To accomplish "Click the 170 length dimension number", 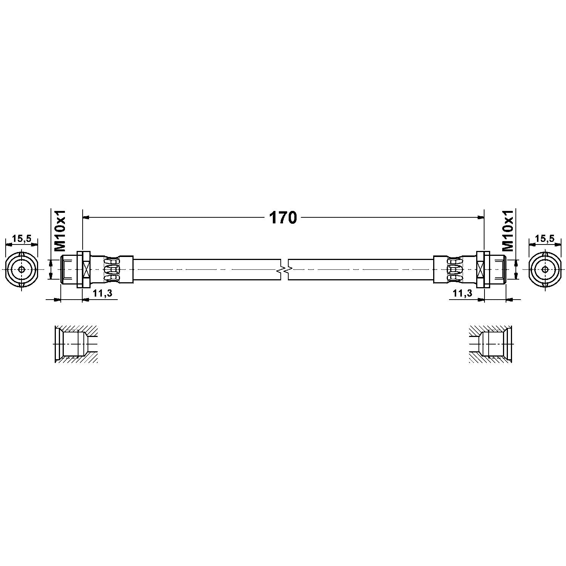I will tap(283, 218).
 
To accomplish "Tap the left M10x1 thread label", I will tap(60, 231).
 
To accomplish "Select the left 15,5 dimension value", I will tap(22, 238).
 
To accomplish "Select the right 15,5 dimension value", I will tap(544, 238).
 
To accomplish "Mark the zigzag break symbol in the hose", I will tap(285, 269).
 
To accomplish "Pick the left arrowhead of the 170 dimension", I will tap(85, 217).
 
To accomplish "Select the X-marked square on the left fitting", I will tap(86, 269).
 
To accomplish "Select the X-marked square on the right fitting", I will tap(480, 269).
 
